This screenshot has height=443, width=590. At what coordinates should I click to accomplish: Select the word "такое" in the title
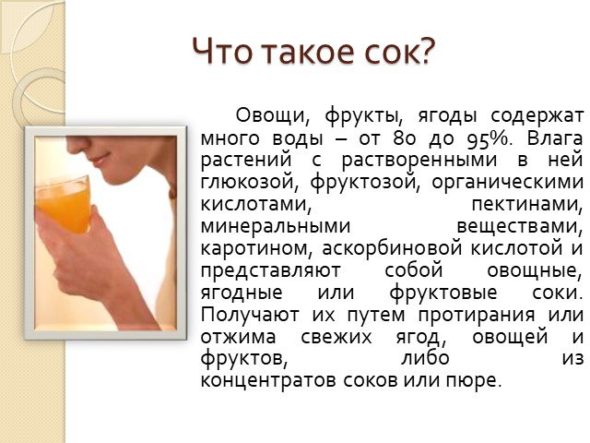tap(307, 52)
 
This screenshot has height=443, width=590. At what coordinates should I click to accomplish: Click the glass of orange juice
tap(64, 205)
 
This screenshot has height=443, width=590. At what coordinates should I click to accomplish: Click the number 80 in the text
tap(405, 138)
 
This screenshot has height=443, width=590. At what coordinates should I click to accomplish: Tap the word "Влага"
tap(554, 138)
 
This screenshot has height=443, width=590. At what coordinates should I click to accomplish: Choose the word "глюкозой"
tap(250, 182)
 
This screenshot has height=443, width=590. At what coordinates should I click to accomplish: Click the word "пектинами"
tap(526, 204)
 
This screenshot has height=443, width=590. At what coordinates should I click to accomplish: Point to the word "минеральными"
tap(276, 226)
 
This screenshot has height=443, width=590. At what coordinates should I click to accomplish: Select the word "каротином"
tap(256, 248)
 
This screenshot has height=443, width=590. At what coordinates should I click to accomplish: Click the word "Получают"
tap(250, 315)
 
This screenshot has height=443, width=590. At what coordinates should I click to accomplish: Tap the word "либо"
tap(425, 357)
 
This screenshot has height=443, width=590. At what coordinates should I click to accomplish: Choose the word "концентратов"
tap(268, 381)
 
